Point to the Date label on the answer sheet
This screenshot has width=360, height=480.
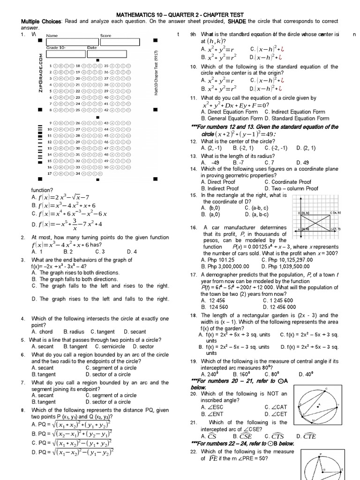click(92, 48)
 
